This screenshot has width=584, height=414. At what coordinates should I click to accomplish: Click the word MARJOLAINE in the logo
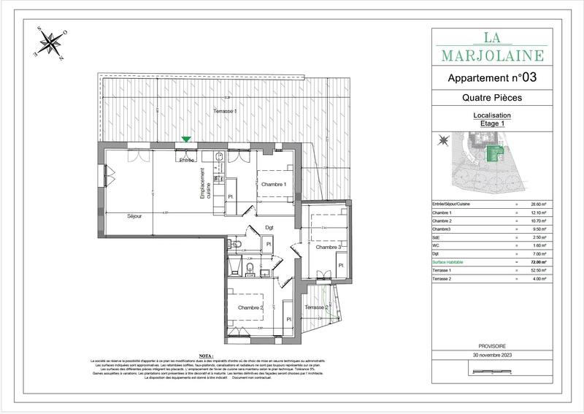(492, 55)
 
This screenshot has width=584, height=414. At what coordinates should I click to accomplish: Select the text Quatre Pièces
(491, 97)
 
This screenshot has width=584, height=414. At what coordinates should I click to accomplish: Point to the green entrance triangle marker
(187, 139)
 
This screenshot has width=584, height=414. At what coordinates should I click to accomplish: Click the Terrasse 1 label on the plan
(225, 110)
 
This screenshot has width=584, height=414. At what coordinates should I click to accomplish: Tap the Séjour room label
(134, 216)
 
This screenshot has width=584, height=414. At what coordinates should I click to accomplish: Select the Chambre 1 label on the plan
(274, 184)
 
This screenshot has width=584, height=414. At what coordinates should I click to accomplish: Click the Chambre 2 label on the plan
(250, 307)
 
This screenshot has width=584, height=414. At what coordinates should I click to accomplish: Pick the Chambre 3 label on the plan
(328, 248)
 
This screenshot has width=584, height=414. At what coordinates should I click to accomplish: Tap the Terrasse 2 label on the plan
(315, 307)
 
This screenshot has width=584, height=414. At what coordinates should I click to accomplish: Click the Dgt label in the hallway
(269, 226)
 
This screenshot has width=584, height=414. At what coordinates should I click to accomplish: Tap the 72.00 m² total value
(538, 261)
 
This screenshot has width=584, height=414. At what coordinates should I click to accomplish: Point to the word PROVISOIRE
(491, 346)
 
